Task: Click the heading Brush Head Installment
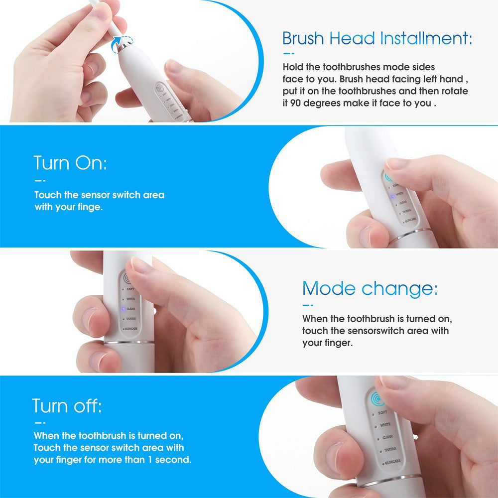pos(377,38)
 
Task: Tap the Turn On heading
pos(70,163)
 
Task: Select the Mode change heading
pos(370,288)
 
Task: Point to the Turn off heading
pos(67,406)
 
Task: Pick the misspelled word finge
pos(90,207)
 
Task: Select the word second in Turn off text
pos(173,460)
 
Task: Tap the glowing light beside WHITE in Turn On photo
pos(392,197)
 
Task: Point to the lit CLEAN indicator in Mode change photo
pos(123,309)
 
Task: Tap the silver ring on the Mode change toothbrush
pos(129,342)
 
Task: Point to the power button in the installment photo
pos(159,89)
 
